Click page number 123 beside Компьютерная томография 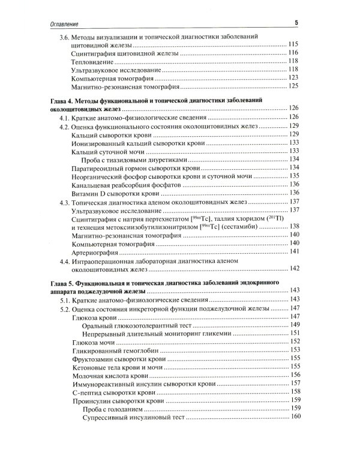coord(293,79)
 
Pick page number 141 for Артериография coord(293,251)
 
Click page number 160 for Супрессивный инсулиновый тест coord(293,417)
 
